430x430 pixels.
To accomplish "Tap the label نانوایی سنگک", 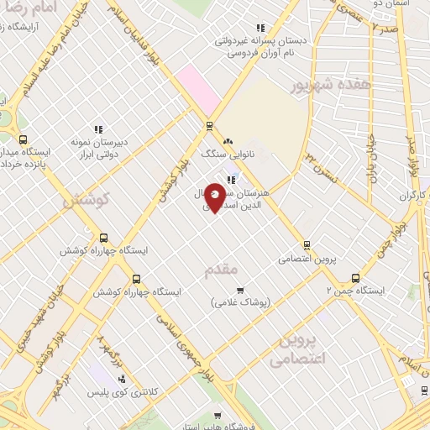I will (x=225, y=155).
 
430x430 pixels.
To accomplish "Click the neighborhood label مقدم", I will (x=223, y=270).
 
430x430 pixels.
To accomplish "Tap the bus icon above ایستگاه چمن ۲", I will (x=355, y=277).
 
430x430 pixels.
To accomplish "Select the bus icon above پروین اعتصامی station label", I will (x=307, y=246).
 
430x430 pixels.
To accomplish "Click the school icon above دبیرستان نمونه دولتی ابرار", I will (x=98, y=129).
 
